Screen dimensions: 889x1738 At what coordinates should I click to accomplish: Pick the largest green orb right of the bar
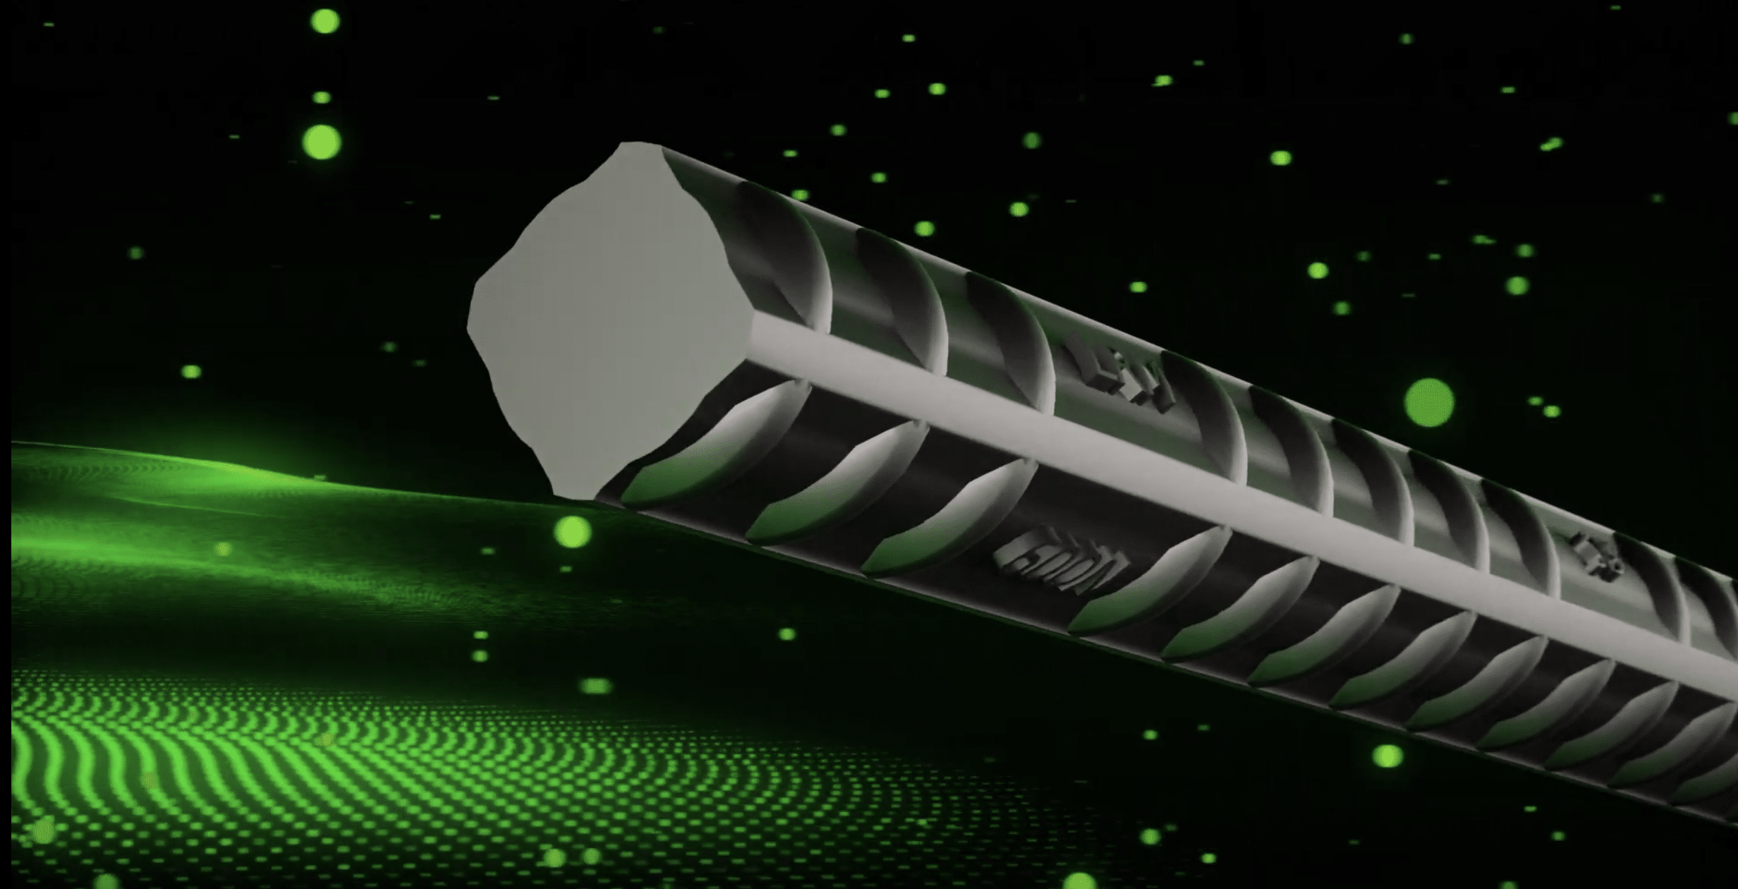coord(1429,403)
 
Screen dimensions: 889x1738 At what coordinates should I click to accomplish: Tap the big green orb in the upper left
coord(322,142)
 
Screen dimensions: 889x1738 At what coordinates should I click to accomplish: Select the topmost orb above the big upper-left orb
coord(324,21)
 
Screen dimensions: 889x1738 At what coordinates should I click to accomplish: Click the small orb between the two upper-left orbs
coord(322,97)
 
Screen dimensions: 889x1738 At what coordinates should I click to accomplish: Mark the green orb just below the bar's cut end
coord(572,531)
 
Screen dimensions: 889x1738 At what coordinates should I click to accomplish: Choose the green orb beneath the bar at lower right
coord(1387,756)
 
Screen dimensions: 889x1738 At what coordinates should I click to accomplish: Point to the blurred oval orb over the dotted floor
coord(596,686)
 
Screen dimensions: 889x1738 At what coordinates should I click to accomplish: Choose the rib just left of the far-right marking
coord(1517,529)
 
